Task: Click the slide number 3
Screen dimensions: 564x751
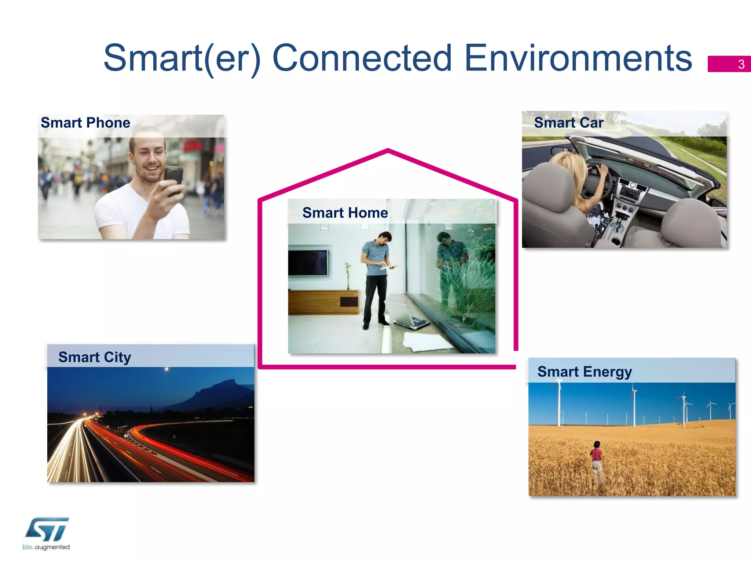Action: click(741, 64)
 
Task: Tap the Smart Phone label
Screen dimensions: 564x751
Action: click(85, 123)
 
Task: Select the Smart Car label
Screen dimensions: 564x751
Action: click(568, 123)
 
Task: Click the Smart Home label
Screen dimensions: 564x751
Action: click(345, 213)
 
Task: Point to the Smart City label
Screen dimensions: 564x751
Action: click(95, 357)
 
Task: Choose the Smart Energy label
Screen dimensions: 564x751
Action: click(585, 372)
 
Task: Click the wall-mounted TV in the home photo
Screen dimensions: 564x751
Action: click(308, 262)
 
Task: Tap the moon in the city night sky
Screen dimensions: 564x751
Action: click(166, 369)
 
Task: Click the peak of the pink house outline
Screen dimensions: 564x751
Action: click(388, 150)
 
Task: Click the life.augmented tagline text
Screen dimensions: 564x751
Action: click(46, 547)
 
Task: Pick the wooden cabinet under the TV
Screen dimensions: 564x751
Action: click(323, 302)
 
